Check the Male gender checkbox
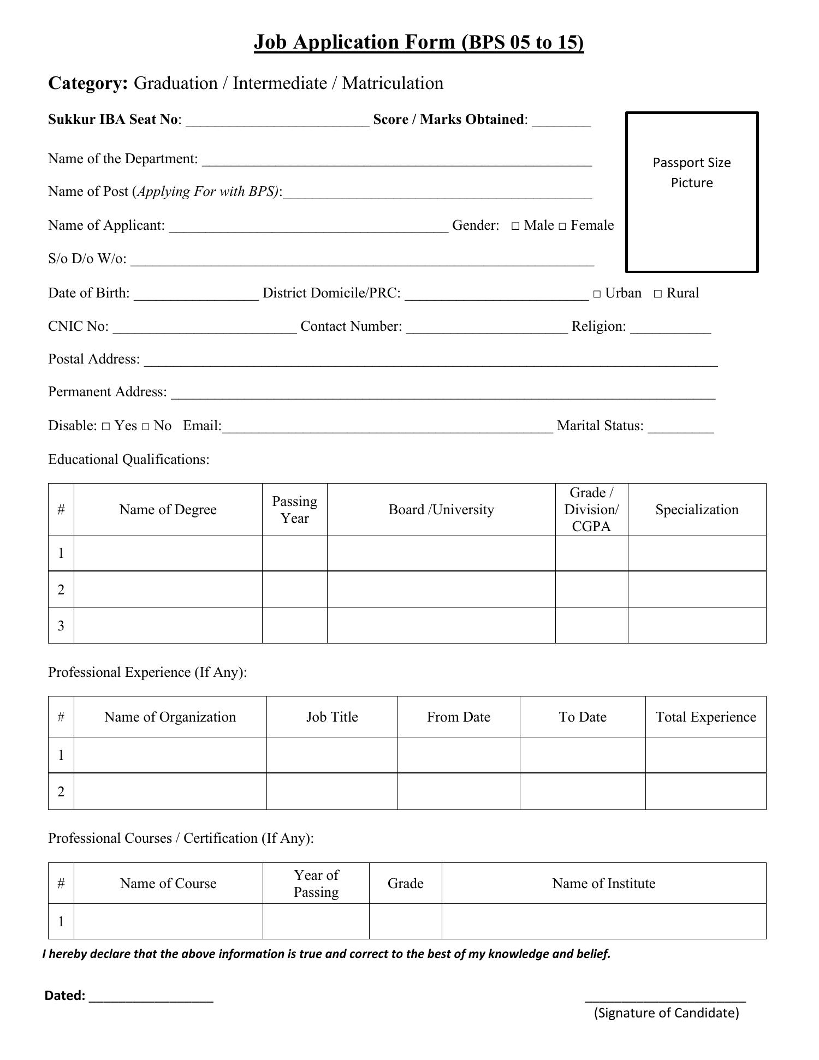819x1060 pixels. [x=515, y=226]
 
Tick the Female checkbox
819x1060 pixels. [x=562, y=226]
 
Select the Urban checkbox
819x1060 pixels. [x=597, y=294]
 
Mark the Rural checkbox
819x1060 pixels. [x=658, y=294]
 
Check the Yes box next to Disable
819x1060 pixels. [x=106, y=426]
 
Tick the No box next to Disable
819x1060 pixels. [x=145, y=426]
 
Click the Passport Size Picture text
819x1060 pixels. [x=692, y=172]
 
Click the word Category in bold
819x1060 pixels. [x=88, y=83]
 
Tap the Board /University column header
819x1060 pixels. [x=441, y=509]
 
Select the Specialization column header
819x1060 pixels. [x=697, y=509]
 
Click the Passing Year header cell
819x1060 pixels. [x=295, y=509]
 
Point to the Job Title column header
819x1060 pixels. [x=332, y=717]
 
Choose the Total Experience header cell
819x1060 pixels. [x=705, y=717]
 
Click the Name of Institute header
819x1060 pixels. [x=603, y=883]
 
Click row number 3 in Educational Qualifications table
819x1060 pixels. [x=61, y=626]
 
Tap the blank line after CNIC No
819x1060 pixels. [x=205, y=327]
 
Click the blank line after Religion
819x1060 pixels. [x=670, y=327]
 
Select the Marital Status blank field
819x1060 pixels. [x=681, y=427]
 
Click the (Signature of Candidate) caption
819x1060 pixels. [x=666, y=1013]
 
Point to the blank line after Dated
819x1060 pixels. [x=151, y=997]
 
